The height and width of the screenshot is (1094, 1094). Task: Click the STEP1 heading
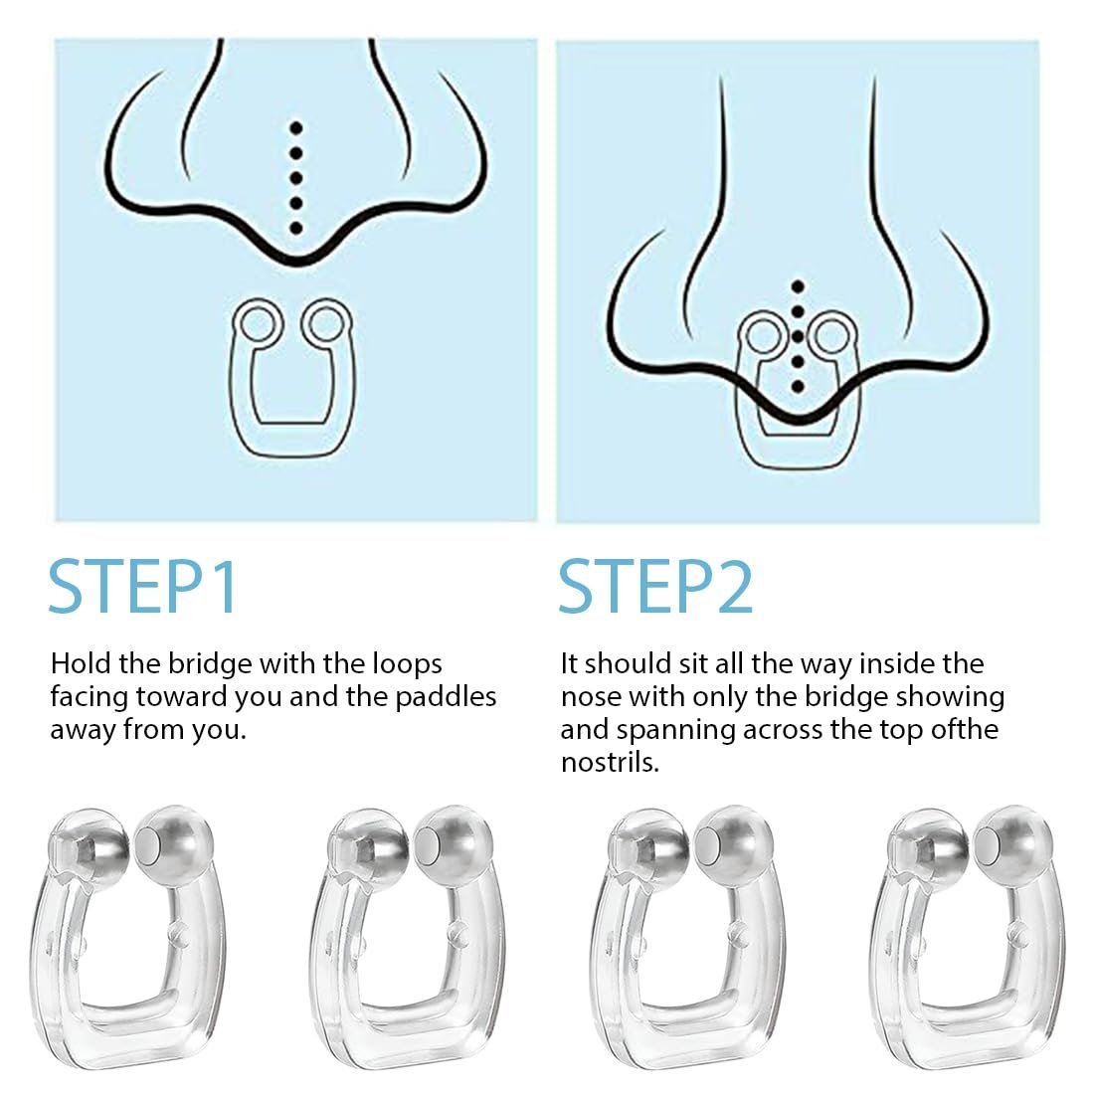(143, 587)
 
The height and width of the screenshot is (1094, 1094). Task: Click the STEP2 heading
(655, 587)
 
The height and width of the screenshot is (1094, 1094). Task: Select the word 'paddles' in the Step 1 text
(447, 698)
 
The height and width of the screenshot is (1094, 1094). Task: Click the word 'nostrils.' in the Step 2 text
(610, 763)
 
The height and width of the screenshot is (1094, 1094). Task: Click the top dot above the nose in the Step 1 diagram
(295, 127)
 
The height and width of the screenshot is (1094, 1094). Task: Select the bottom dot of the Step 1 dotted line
(295, 228)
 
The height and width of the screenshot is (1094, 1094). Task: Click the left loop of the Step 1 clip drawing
(258, 323)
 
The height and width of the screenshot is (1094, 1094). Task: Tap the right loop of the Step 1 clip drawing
(326, 321)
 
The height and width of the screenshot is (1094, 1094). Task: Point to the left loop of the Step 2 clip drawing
(763, 335)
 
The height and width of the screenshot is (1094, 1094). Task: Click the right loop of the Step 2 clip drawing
(830, 335)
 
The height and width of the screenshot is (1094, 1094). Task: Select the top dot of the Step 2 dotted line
(799, 286)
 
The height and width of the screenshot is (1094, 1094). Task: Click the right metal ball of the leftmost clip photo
(173, 845)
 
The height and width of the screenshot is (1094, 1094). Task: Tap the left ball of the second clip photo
(368, 846)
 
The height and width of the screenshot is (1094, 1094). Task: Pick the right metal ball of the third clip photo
(734, 845)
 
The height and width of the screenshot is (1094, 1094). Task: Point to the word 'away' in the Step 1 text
(83, 731)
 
